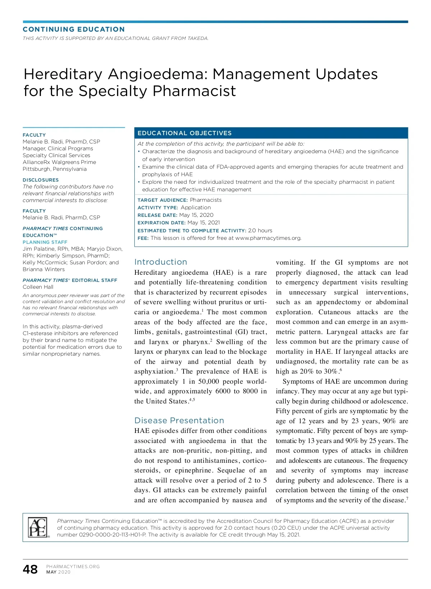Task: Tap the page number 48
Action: point(30,569)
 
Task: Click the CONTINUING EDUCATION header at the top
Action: point(74,29)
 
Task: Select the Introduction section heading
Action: point(161,262)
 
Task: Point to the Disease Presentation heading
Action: point(179,420)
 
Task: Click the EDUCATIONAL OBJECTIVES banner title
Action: point(184,133)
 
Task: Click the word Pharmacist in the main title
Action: point(194,91)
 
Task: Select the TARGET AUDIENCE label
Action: point(162,200)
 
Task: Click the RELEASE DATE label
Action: point(157,215)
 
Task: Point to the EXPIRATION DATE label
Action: point(161,223)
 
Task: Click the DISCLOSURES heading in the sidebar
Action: point(41,180)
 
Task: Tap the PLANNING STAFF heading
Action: point(45,242)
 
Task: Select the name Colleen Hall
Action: point(38,287)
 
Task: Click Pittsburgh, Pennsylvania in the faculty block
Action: point(55,169)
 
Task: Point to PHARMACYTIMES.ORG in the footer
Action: point(73,566)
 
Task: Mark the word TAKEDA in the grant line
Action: point(198,38)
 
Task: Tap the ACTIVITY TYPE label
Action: point(158,207)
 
